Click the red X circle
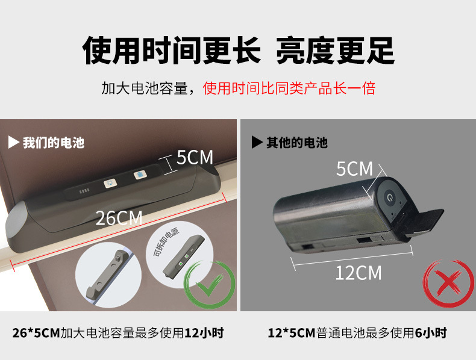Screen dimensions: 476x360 tap(448, 283)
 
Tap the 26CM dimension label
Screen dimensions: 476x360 tap(119, 218)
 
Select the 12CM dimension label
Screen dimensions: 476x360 tap(359, 273)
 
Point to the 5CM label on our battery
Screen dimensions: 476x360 tap(195, 157)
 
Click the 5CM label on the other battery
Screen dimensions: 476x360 tap(354, 169)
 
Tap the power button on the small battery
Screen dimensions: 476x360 tap(389, 197)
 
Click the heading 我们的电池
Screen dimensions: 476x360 tap(54, 143)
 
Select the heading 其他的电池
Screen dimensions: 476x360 tap(297, 142)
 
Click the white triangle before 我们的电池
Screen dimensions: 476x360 tap(13, 142)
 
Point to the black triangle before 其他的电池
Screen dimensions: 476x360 tap(257, 142)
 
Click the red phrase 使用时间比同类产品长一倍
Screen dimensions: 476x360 tap(289, 88)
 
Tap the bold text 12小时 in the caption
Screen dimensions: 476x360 tap(204, 333)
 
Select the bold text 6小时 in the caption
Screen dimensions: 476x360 tap(431, 333)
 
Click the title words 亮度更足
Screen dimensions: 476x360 tap(335, 51)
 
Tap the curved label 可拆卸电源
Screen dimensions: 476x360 tap(166, 242)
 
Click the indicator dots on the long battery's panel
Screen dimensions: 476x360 tap(84, 191)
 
